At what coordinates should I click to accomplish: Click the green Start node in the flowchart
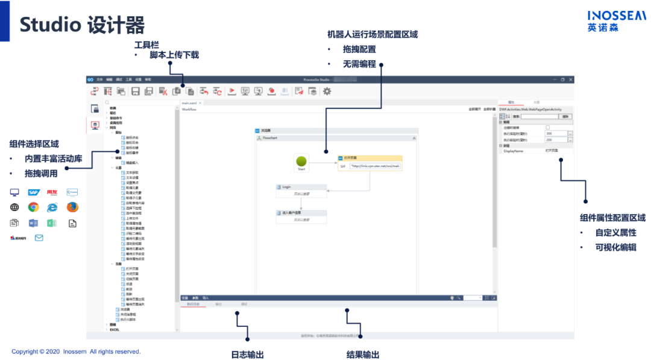(301, 161)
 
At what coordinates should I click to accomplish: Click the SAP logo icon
(33, 192)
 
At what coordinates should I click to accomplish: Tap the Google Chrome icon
(33, 207)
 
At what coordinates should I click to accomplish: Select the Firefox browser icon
(72, 207)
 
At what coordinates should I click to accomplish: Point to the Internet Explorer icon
(52, 207)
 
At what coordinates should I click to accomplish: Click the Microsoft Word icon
(33, 223)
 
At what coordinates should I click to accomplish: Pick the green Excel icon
(52, 223)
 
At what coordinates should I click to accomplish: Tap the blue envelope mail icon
(39, 238)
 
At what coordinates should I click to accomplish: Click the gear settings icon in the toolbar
(327, 91)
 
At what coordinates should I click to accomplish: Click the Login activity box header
(301, 187)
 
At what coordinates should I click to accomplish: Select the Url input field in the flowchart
(374, 166)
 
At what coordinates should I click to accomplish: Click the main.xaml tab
(189, 103)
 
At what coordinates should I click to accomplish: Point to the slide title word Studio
(51, 25)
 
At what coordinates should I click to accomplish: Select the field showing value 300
(555, 133)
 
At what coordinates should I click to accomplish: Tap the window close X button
(570, 79)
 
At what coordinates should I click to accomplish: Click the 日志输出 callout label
(247, 355)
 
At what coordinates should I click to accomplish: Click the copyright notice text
(76, 352)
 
